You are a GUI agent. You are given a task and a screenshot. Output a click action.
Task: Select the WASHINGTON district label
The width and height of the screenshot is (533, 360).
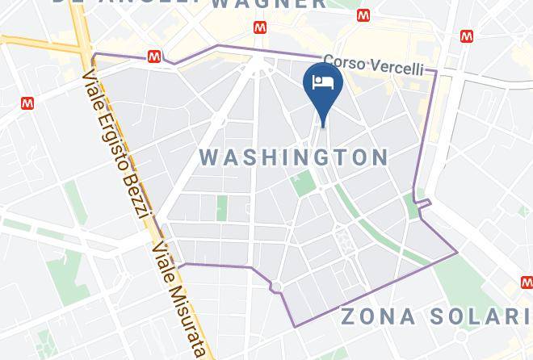pyautogui.click(x=293, y=156)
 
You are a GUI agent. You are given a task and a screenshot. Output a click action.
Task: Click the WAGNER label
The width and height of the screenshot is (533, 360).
pyautogui.click(x=269, y=4)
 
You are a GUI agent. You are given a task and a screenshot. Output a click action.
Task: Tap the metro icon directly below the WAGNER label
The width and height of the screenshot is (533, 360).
pyautogui.click(x=260, y=27)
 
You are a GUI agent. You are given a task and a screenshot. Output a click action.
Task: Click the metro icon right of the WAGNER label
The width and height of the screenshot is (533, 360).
pyautogui.click(x=365, y=16)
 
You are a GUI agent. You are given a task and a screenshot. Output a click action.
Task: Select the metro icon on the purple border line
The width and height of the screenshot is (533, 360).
pyautogui.click(x=154, y=57)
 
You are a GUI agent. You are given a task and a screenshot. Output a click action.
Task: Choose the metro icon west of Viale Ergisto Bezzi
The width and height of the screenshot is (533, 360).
pyautogui.click(x=28, y=103)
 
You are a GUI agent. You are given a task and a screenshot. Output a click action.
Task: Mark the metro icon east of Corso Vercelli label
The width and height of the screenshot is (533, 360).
pyautogui.click(x=466, y=36)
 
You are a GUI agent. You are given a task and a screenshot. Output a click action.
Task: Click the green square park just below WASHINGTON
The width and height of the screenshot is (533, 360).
pyautogui.click(x=304, y=182)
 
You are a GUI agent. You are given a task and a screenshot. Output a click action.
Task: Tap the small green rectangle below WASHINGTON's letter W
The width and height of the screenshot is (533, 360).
pyautogui.click(x=221, y=207)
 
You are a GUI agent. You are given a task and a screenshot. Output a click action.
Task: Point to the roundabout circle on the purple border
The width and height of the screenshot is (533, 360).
pyautogui.click(x=276, y=287)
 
